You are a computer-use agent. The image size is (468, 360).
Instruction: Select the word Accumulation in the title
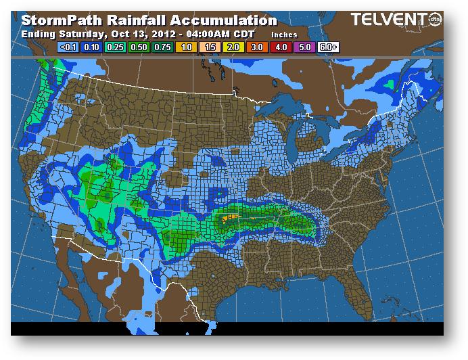click(x=218, y=19)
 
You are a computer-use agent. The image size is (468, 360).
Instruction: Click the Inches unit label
click(x=284, y=33)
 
